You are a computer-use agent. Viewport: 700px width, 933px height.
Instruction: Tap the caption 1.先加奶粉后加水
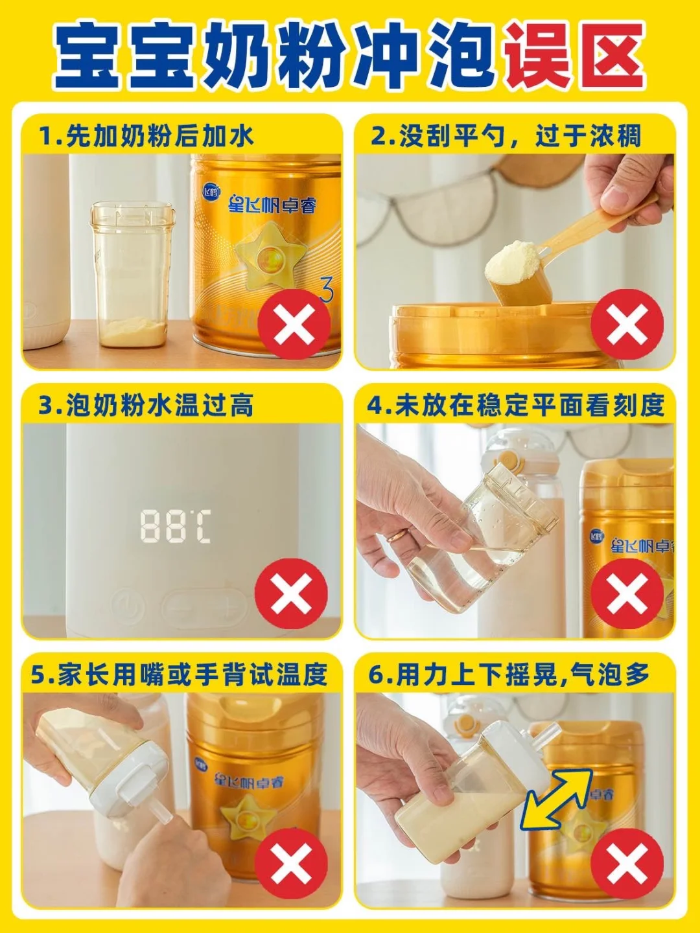(x=146, y=135)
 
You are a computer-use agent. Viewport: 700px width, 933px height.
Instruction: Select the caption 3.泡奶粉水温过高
(x=146, y=405)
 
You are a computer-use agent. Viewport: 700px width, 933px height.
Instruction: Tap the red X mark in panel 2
(x=627, y=325)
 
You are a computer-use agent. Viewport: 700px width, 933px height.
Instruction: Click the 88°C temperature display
(x=176, y=527)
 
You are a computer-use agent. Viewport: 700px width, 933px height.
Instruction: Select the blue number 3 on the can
(x=325, y=290)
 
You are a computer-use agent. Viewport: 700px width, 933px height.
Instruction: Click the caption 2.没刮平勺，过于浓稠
(x=506, y=135)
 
